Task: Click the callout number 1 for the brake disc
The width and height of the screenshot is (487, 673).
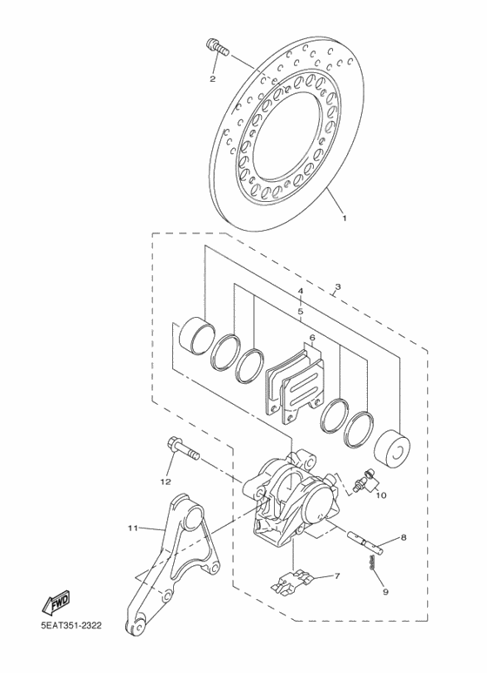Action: click(344, 219)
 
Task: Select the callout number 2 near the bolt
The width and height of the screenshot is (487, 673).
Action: click(211, 79)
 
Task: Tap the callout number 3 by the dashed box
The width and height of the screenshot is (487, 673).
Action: click(337, 286)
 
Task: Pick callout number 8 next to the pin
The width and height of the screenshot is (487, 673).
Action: click(404, 540)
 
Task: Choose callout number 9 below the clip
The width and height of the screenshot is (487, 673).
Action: click(384, 593)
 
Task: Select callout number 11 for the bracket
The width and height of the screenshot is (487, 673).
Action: click(132, 528)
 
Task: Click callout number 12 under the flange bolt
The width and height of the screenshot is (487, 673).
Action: click(164, 481)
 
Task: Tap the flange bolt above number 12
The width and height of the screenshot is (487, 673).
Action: click(179, 449)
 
